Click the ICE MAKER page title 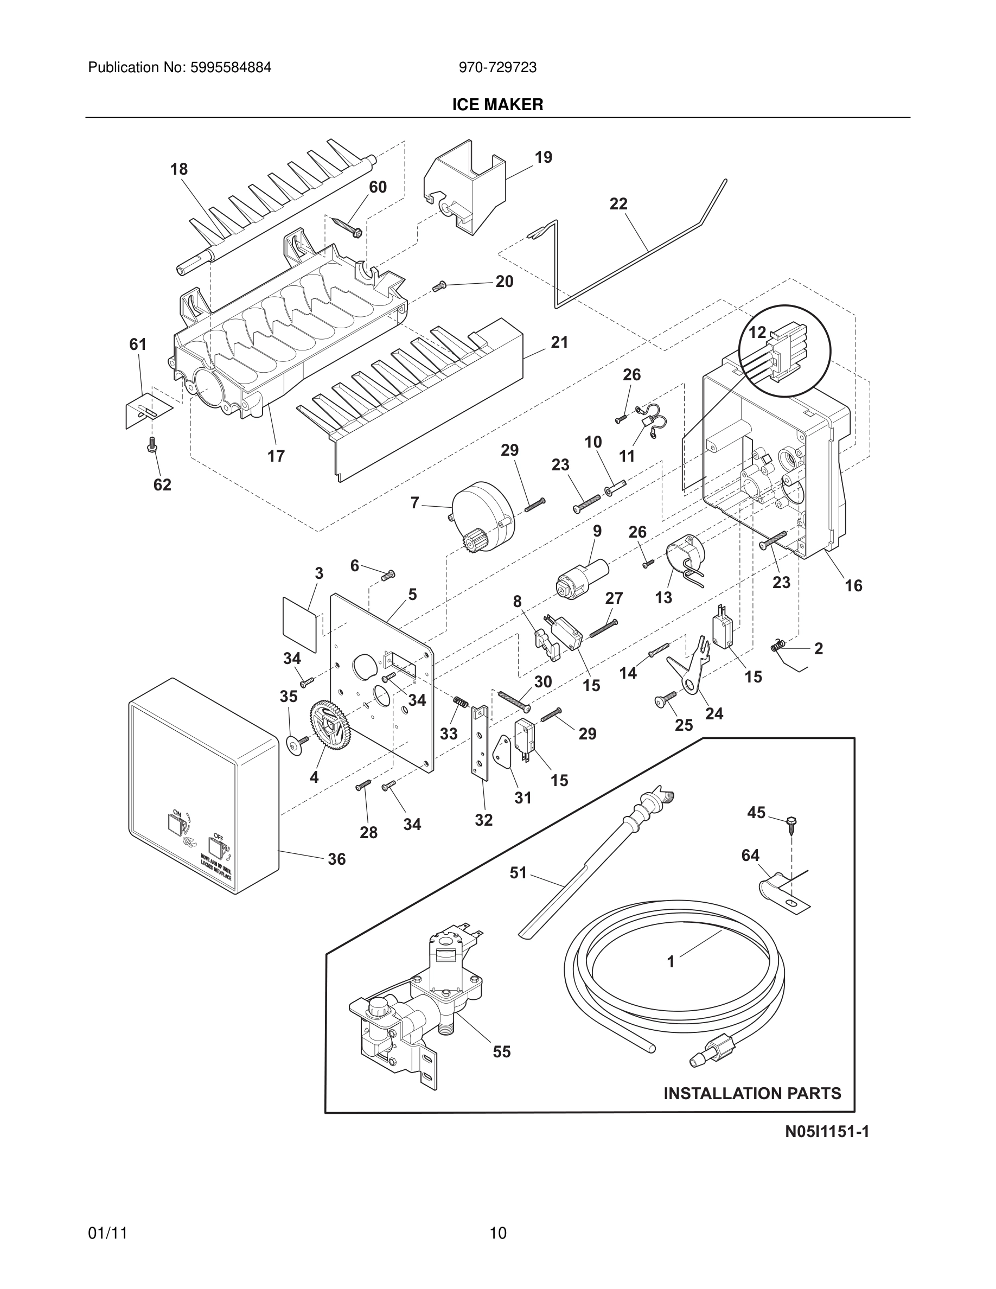pyautogui.click(x=497, y=105)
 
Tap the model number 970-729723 pyautogui.click(x=497, y=68)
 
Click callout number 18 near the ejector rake pyautogui.click(x=179, y=169)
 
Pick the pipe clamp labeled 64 pyautogui.click(x=782, y=888)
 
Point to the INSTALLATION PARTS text pyautogui.click(x=752, y=1093)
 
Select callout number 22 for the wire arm pyautogui.click(x=618, y=204)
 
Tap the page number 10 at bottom pyautogui.click(x=497, y=1233)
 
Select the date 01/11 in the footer pyautogui.click(x=108, y=1233)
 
